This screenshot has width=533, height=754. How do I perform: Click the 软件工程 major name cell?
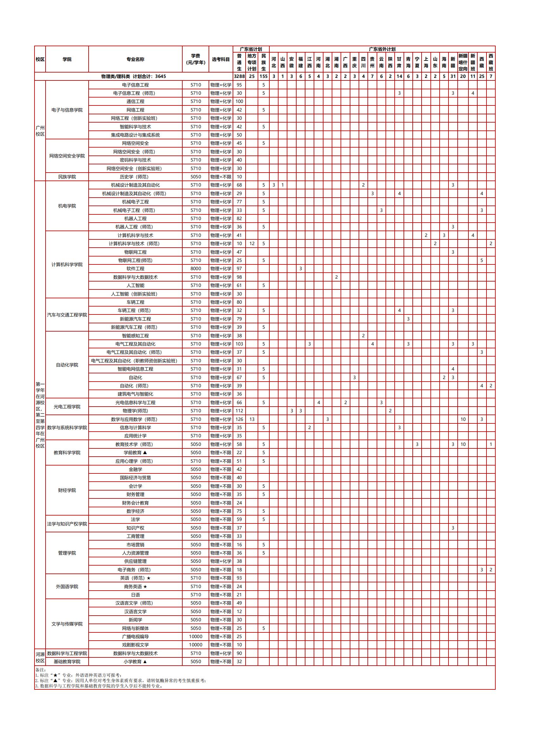(x=135, y=269)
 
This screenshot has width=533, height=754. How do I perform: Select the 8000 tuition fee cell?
(x=196, y=269)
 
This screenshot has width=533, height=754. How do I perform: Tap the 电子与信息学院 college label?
(x=67, y=110)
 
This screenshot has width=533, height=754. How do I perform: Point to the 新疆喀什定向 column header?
(x=463, y=62)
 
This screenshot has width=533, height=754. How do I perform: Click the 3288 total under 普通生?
(x=239, y=76)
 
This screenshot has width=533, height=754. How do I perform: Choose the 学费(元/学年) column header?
(x=196, y=59)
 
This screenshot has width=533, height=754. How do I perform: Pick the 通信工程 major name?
(x=135, y=101)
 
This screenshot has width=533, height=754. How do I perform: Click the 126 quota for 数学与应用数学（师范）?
(x=239, y=419)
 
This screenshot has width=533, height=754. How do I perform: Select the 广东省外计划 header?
(x=382, y=49)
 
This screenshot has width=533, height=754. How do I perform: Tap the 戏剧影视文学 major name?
(x=135, y=645)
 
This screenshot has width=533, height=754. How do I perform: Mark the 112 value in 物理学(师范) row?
(x=239, y=411)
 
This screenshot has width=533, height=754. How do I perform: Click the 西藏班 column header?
(x=491, y=62)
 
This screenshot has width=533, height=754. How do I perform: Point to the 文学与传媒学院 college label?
(x=67, y=624)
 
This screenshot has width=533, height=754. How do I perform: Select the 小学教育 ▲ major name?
(x=135, y=662)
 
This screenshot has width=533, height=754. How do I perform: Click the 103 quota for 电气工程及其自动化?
(x=239, y=344)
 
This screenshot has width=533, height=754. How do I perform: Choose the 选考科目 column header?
(x=221, y=59)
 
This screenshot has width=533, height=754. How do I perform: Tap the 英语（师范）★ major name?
(x=135, y=578)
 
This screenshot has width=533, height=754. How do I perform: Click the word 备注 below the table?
(x=41, y=670)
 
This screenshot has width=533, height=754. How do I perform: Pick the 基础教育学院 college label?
(x=67, y=662)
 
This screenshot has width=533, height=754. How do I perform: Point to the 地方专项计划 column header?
(x=252, y=62)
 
